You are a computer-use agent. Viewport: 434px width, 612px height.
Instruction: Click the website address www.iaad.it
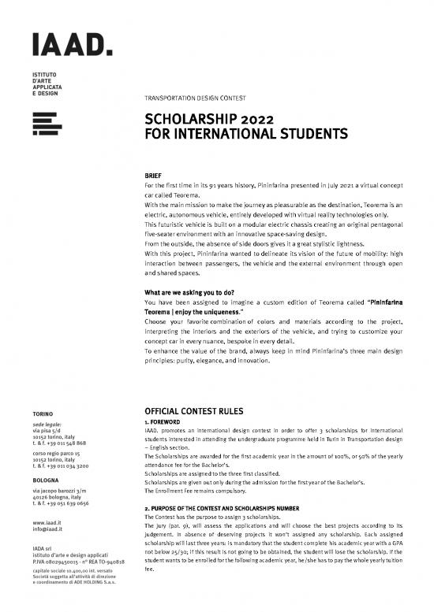point(45,521)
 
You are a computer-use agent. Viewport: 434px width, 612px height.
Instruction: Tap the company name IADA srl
point(42,547)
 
